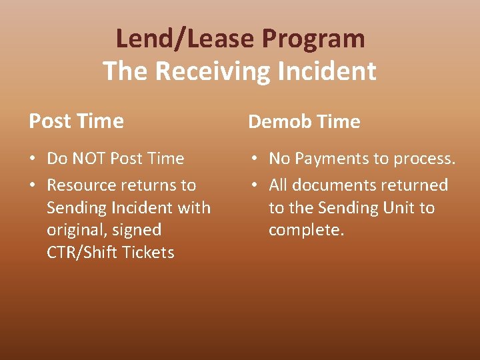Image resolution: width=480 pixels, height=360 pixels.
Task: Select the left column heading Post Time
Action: [x=76, y=121]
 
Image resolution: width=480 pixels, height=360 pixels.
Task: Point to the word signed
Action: [x=138, y=230]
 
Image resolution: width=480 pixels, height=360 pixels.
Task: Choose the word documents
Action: [x=331, y=185]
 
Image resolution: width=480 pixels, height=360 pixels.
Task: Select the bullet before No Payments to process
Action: [x=254, y=159]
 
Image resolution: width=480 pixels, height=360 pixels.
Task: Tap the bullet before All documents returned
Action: [x=254, y=186]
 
